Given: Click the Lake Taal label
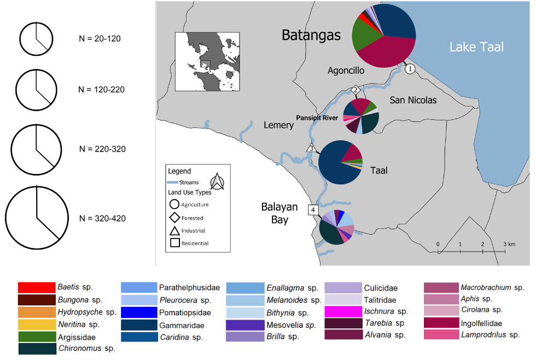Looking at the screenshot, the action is (476, 47).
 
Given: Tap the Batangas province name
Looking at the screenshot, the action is (311, 35).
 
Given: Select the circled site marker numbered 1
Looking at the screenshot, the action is (410, 69).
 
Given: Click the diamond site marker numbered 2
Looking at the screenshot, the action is (356, 90).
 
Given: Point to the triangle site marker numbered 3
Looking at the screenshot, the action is (311, 148).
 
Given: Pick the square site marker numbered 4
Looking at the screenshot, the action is (313, 210).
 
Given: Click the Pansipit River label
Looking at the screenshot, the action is (317, 118).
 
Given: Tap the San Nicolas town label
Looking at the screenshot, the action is (413, 100).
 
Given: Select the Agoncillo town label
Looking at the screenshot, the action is (346, 71).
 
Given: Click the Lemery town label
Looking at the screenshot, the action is (278, 125).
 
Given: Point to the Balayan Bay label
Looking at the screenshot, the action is (279, 213).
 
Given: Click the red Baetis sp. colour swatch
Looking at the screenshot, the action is (37, 288).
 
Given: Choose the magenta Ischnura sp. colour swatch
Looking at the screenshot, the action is (343, 311).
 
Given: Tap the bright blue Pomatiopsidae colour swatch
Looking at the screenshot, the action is (139, 312).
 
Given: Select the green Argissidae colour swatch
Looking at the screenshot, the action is (37, 337).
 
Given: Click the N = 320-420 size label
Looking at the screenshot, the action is (103, 218).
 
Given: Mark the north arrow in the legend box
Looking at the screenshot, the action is (217, 181).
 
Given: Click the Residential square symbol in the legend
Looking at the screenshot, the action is (174, 243).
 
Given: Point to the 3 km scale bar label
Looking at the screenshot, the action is (509, 244).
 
